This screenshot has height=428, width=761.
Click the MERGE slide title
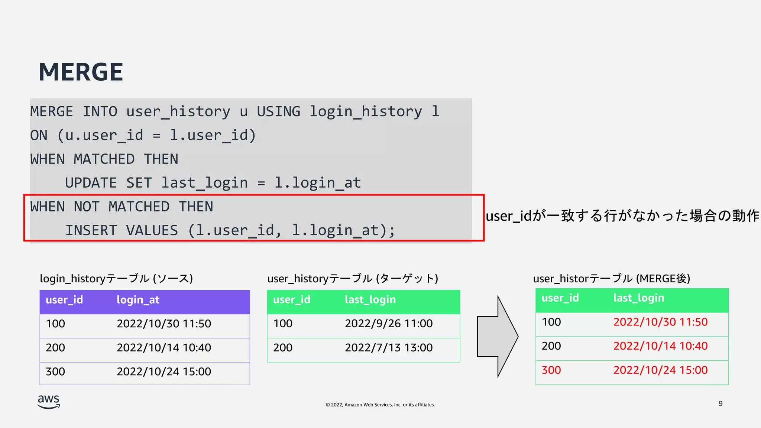[x=81, y=72]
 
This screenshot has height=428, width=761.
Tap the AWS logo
[x=49, y=402]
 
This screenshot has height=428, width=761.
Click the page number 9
[x=720, y=403]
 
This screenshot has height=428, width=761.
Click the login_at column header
[x=138, y=300]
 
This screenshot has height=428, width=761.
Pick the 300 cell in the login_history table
[x=55, y=372]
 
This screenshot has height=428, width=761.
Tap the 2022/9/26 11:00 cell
[x=389, y=324]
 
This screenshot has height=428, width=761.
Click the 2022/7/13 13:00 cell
[x=389, y=348]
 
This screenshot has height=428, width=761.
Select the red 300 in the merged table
[x=551, y=370]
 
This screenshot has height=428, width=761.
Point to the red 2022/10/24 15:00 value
[x=660, y=370]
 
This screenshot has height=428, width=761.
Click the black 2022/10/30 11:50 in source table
[x=164, y=324]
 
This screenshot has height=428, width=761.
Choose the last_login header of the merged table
[x=638, y=298]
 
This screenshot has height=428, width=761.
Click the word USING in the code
[x=278, y=111]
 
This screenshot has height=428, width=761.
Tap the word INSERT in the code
[x=91, y=230]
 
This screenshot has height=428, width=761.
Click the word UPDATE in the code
[x=91, y=183]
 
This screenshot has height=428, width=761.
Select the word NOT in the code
[x=87, y=207]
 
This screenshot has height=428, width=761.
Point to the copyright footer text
[x=380, y=405]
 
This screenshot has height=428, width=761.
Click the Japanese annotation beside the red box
[x=622, y=216]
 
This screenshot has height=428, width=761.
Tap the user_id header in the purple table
[x=64, y=300]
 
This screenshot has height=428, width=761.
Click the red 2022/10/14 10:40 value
[x=660, y=346]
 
